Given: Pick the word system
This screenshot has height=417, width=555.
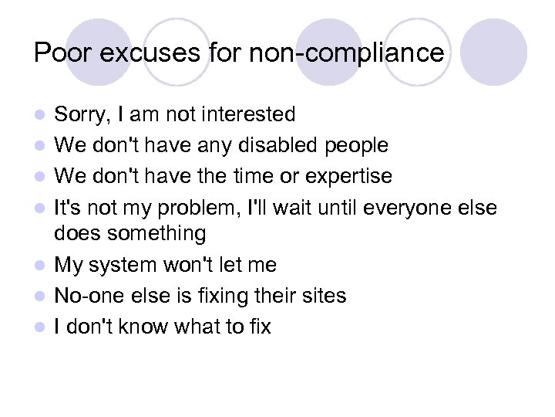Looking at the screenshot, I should (x=125, y=265).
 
